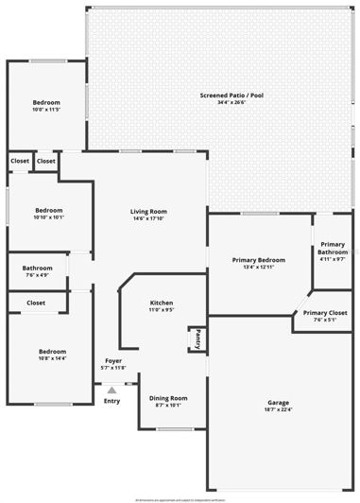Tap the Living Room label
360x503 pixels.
tap(148, 211)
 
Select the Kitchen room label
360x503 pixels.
tap(162, 303)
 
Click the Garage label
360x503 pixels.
tap(278, 402)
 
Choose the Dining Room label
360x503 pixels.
tap(168, 398)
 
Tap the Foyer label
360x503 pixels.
tap(113, 360)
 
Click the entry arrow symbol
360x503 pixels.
tap(111, 389)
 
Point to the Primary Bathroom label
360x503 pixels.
tap(333, 248)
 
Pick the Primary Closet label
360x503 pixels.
tap(325, 312)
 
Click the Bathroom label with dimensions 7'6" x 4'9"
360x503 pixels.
tap(38, 269)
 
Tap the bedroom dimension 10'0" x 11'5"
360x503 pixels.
tap(46, 110)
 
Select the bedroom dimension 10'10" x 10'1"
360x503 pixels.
tap(49, 217)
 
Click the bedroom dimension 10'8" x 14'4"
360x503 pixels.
tap(52, 358)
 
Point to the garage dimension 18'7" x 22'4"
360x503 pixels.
tap(278, 409)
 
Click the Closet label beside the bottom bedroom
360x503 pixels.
tap(36, 303)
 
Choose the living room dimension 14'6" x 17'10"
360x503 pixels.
tap(148, 218)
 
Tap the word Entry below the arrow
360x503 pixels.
tap(111, 401)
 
